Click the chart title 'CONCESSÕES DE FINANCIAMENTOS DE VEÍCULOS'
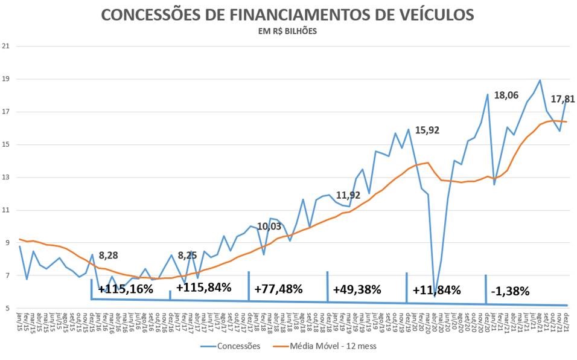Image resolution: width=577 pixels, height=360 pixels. coord(287,14)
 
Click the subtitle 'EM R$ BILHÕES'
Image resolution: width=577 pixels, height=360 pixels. coord(287,32)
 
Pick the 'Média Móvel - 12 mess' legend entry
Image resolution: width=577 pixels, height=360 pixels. coord(333,347)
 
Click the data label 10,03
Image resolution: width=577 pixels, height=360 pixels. coord(269,227)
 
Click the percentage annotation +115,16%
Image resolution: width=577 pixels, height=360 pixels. coord(126,289)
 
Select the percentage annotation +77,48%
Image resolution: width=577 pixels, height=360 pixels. coord(278,289)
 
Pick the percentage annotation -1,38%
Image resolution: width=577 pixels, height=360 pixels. coord(510,291)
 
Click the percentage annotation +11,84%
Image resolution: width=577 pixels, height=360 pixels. coord(436,290)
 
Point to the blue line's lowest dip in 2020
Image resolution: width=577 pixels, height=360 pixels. coord(435,296)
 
